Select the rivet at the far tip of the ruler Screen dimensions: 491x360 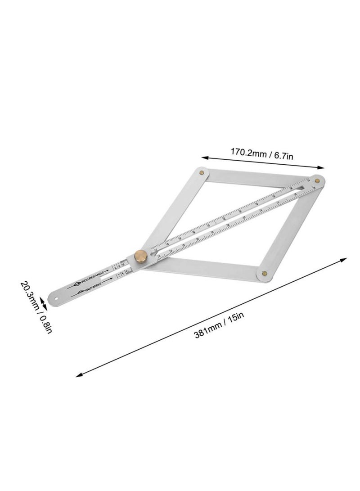[317, 180]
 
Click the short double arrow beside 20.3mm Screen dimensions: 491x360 [44, 299]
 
